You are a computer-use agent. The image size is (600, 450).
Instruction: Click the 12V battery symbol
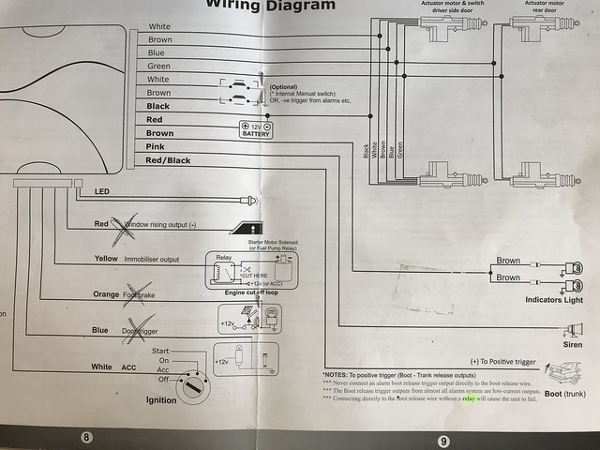coord(256,130)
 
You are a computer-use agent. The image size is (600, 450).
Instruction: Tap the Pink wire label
coord(157,147)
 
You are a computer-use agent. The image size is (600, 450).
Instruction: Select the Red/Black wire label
coord(168,160)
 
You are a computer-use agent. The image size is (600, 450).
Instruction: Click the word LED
coord(102,192)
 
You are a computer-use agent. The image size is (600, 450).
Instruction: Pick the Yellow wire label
coord(106,258)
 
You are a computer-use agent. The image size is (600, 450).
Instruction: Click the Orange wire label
coord(106,294)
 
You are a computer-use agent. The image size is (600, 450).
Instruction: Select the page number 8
coord(87,437)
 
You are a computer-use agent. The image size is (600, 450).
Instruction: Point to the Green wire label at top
coord(158,67)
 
